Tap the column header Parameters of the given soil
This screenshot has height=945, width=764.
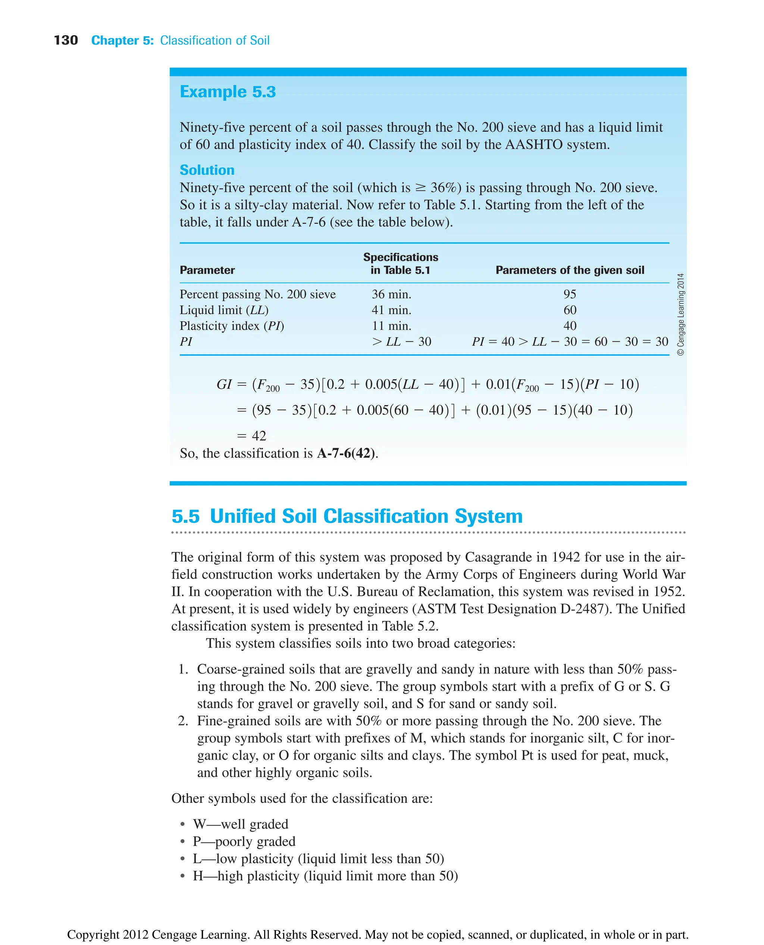[570, 270]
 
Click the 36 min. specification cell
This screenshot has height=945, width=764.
[391, 294]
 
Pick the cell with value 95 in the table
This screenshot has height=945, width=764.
[570, 294]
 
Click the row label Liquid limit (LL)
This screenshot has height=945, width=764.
[223, 310]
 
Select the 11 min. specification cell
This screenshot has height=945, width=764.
[391, 326]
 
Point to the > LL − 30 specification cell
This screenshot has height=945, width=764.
[401, 342]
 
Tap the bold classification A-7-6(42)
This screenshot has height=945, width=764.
[346, 453]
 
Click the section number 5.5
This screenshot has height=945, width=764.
[185, 516]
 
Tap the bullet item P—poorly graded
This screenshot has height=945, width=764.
[244, 841]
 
